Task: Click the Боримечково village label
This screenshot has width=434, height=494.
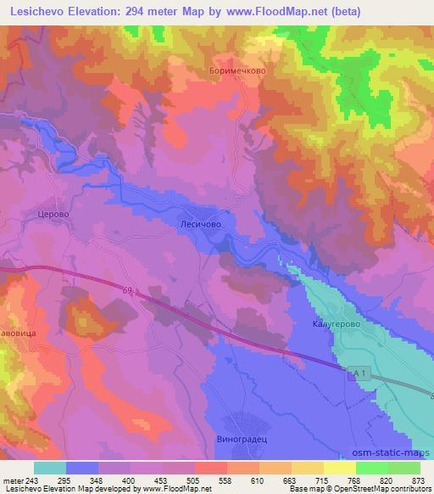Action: (237, 71)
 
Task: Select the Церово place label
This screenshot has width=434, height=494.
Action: (53, 216)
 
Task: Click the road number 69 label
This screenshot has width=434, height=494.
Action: (127, 291)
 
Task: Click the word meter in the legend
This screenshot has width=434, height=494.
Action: (14, 480)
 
